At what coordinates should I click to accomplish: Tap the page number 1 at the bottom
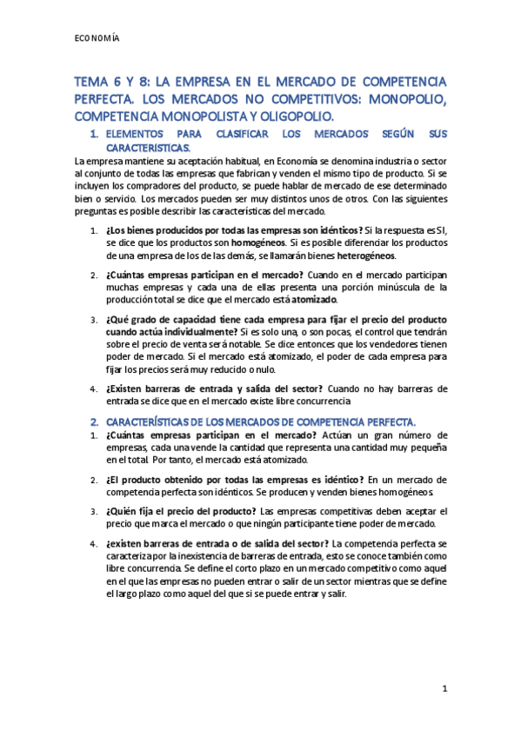point(444,687)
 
